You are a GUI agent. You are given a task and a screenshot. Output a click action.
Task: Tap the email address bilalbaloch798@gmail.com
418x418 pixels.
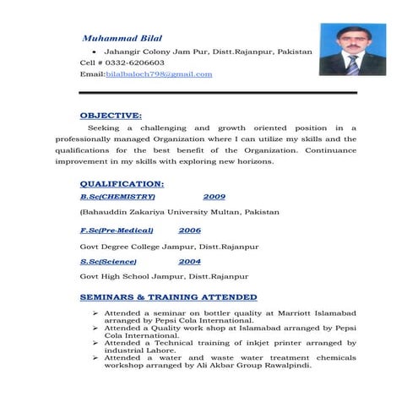coord(159,74)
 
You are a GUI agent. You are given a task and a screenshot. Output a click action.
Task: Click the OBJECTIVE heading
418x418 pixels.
coord(110,114)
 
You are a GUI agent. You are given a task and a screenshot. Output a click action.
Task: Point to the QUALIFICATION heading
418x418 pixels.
coord(122,183)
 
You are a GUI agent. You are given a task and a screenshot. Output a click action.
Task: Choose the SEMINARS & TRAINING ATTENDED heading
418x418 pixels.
coord(168,297)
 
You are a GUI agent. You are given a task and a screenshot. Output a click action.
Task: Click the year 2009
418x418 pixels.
coord(214,196)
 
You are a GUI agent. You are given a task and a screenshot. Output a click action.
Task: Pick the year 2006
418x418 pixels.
coord(189,230)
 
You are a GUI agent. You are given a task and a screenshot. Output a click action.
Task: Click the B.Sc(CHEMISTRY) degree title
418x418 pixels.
coord(117,196)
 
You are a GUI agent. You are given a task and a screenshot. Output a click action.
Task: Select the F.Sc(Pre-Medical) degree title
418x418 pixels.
coord(117,230)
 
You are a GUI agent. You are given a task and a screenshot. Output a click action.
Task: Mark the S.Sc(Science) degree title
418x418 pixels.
coord(108,262)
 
